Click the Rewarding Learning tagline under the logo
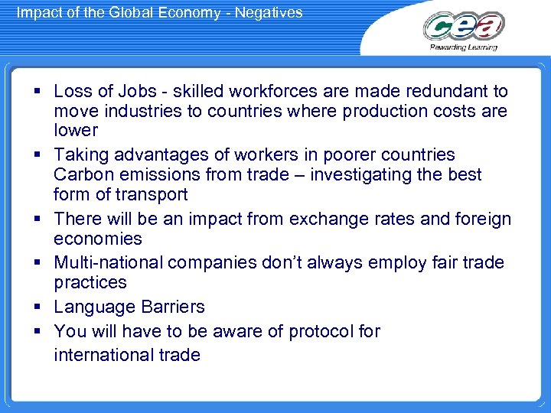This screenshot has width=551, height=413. (x=463, y=47)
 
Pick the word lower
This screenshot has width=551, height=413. (x=75, y=130)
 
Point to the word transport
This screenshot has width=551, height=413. (x=150, y=194)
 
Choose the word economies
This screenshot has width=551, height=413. (x=97, y=239)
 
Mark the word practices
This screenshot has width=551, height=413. (x=90, y=283)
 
